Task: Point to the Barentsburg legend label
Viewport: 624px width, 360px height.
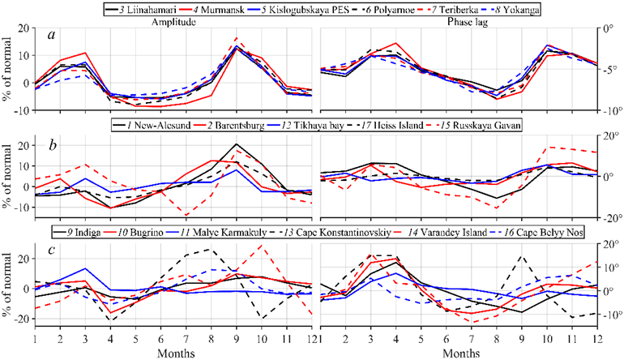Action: coord(241,124)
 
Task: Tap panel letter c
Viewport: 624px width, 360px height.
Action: coord(51,251)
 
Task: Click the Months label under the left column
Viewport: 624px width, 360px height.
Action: coord(175,354)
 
